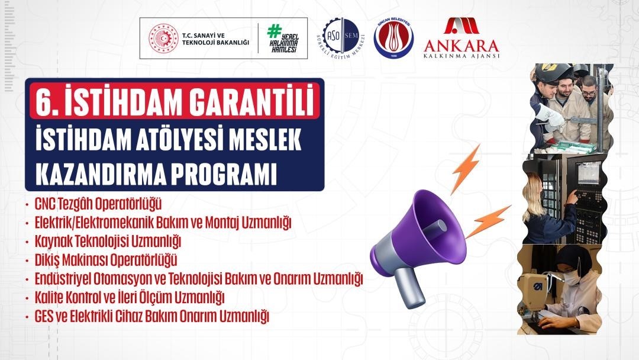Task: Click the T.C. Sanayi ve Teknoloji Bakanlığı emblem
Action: (163, 38)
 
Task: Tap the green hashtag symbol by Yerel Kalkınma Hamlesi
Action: (273, 32)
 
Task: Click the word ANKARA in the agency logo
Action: (461, 45)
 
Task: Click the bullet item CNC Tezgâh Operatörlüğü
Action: (98, 205)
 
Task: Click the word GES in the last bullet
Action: (43, 316)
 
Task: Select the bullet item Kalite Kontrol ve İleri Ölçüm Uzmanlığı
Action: (130, 297)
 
